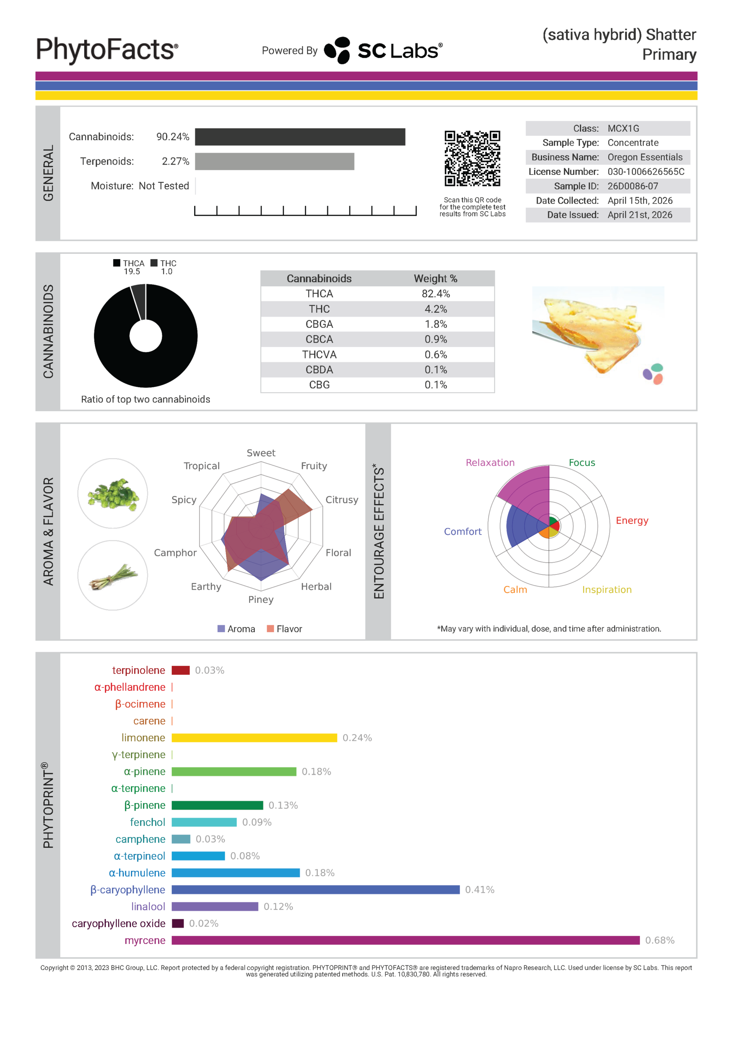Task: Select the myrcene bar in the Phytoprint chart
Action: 405,940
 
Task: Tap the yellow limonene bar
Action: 254,738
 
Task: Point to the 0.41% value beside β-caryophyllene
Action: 479,890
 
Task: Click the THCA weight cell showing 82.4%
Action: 436,294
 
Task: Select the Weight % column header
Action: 436,279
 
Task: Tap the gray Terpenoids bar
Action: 274,161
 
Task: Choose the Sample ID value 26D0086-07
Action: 633,186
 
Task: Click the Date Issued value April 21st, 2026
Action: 639,215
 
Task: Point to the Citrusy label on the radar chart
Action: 342,500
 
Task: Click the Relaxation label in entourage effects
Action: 490,463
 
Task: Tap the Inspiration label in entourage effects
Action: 607,590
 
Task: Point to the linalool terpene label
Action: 148,907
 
